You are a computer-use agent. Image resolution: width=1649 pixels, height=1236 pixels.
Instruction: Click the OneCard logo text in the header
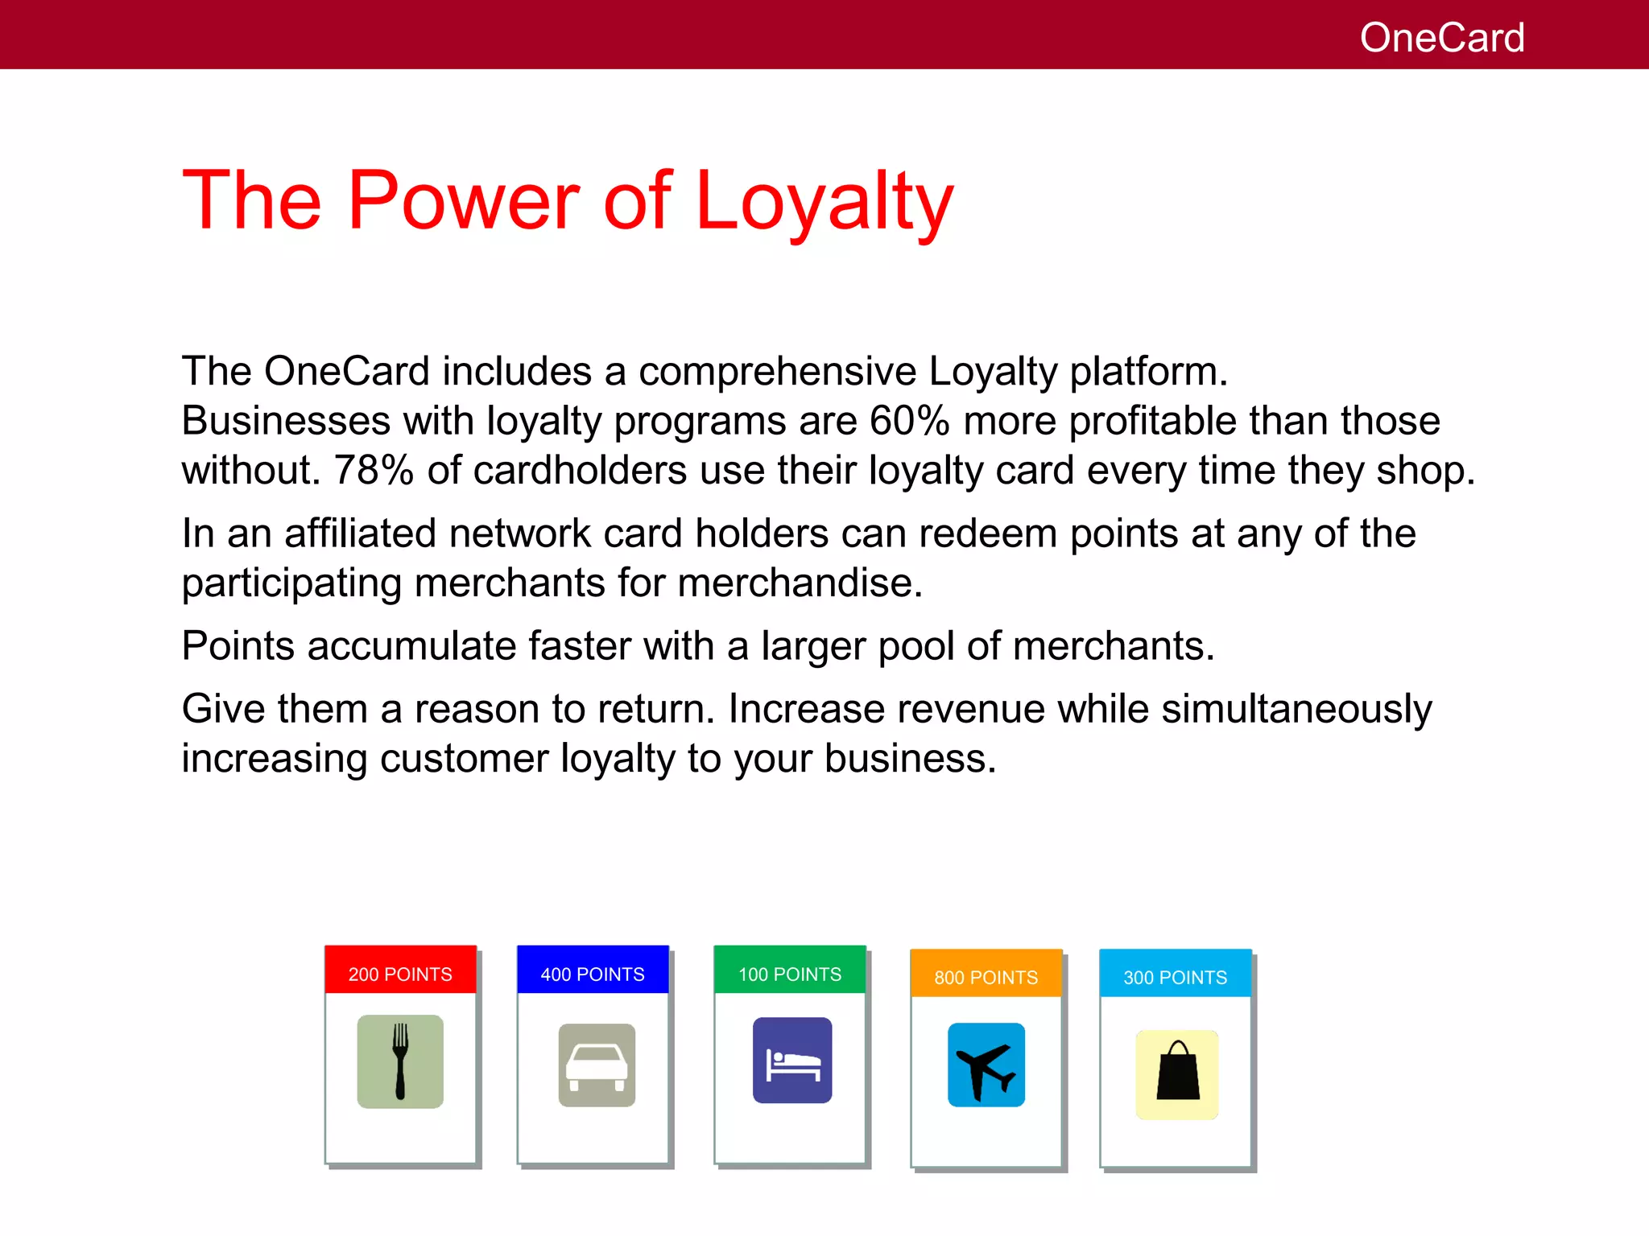click(1441, 38)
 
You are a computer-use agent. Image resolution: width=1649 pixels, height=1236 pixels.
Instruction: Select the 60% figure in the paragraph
click(909, 421)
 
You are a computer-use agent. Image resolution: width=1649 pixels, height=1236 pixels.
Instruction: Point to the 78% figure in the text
click(374, 471)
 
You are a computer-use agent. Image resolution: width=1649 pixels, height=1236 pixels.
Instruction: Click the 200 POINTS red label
click(400, 974)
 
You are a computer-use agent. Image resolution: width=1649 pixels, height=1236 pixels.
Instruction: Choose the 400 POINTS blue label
click(593, 974)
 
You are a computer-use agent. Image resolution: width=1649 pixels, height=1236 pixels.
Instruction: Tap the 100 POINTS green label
click(790, 974)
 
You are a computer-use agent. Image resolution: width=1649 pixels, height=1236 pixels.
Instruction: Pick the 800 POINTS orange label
click(986, 977)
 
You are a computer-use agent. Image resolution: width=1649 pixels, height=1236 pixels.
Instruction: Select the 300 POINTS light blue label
click(1176, 977)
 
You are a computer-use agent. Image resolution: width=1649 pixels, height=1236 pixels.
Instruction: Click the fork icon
click(400, 1061)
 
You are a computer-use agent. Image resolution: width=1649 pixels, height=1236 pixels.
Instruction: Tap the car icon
click(597, 1065)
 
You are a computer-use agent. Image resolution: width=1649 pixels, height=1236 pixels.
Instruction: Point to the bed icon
click(792, 1061)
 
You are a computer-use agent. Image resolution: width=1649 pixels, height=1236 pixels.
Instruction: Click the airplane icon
click(986, 1065)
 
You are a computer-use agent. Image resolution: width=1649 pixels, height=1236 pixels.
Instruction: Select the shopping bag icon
click(1177, 1074)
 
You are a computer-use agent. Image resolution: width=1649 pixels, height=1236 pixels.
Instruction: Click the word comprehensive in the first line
click(777, 372)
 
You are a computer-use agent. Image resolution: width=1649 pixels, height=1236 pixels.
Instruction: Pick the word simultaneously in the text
click(1296, 710)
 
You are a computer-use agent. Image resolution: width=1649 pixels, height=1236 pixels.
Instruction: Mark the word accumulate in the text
click(411, 646)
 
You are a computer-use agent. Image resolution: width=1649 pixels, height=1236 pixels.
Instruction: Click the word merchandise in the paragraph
click(800, 583)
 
